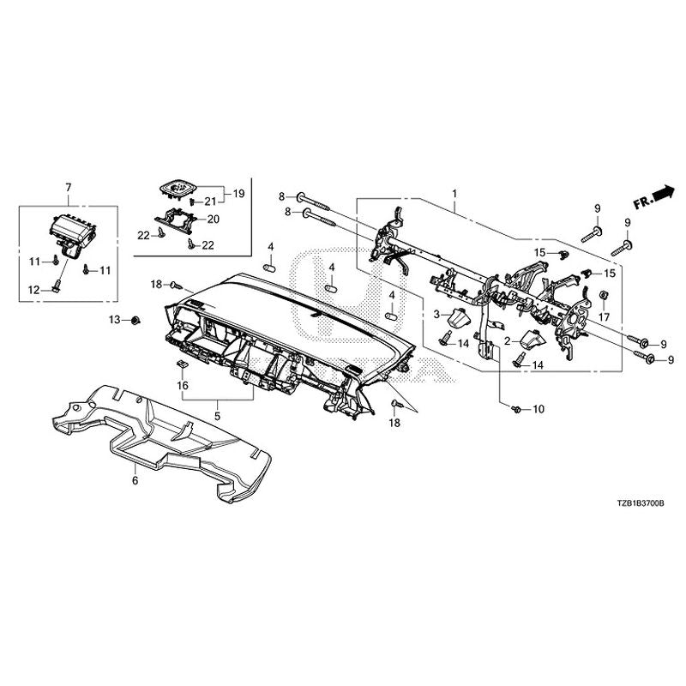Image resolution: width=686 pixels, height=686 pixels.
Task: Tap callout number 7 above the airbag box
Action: point(69,186)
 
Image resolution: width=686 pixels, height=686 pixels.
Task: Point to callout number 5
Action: point(218,416)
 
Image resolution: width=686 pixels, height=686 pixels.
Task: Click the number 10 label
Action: point(539,411)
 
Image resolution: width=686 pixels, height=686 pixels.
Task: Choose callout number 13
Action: point(113,320)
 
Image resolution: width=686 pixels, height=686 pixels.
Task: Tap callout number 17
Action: point(604,316)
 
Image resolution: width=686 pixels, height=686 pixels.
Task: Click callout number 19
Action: point(238,194)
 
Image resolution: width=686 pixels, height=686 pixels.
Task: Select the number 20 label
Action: point(214,220)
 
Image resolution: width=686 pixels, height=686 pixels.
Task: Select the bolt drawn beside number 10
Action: point(518,411)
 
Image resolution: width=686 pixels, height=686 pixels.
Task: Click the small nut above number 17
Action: point(604,298)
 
